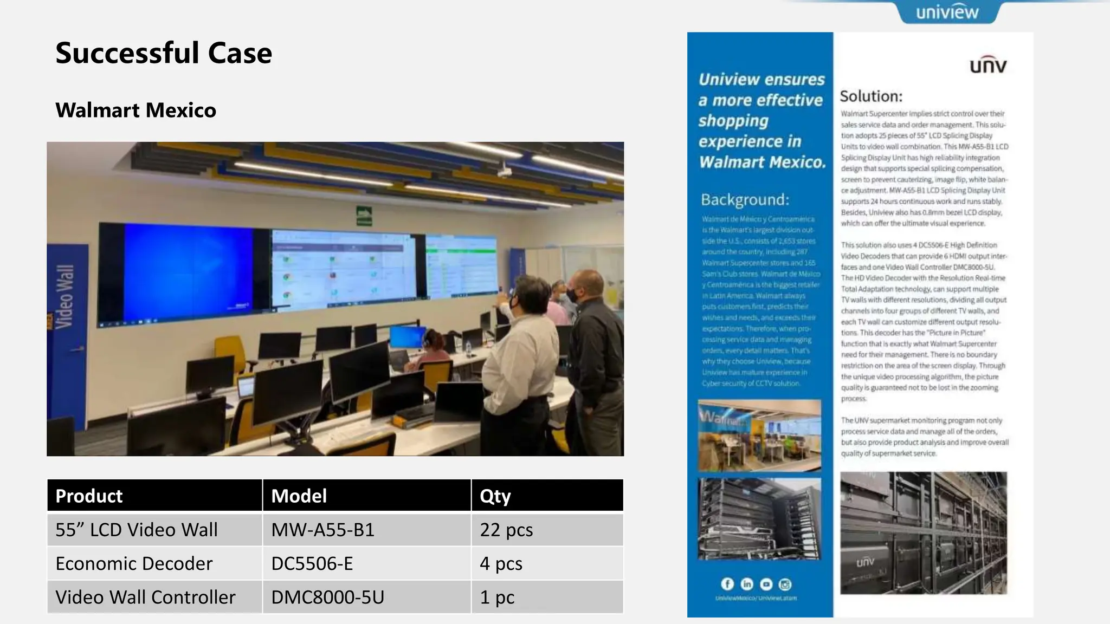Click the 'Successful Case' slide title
tap(163, 53)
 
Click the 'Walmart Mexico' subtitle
tap(135, 110)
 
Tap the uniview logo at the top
tap(947, 12)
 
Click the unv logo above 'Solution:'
tap(988, 65)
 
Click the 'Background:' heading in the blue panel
tap(745, 200)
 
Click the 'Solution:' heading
tap(871, 96)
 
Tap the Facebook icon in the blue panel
tap(727, 584)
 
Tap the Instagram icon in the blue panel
tap(785, 584)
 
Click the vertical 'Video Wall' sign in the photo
tap(64, 296)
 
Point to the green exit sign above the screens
tap(364, 216)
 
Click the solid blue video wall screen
tap(187, 274)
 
